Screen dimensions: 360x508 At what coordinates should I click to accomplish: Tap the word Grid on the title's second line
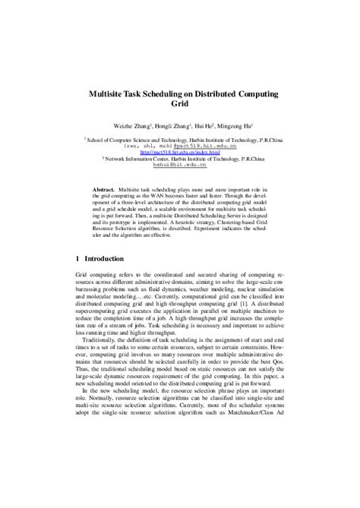coord(180,104)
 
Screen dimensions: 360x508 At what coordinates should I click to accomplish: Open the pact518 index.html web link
coord(179,150)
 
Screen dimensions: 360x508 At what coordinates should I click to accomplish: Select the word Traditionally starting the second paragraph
coord(101,342)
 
